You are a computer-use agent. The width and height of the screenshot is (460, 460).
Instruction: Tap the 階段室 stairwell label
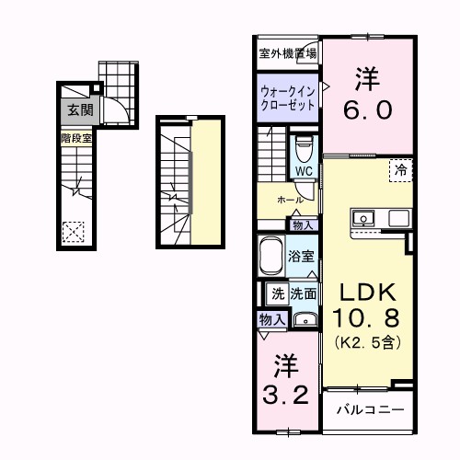77,138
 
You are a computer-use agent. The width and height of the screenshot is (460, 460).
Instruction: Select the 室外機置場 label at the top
288,52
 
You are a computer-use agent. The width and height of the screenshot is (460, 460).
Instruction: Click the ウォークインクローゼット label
287,98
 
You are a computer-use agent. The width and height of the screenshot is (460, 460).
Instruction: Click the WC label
305,171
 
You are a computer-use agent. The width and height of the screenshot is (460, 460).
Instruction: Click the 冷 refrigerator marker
400,168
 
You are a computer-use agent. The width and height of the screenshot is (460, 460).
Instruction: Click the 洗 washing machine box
277,294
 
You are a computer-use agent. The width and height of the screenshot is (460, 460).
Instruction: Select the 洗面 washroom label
305,294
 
